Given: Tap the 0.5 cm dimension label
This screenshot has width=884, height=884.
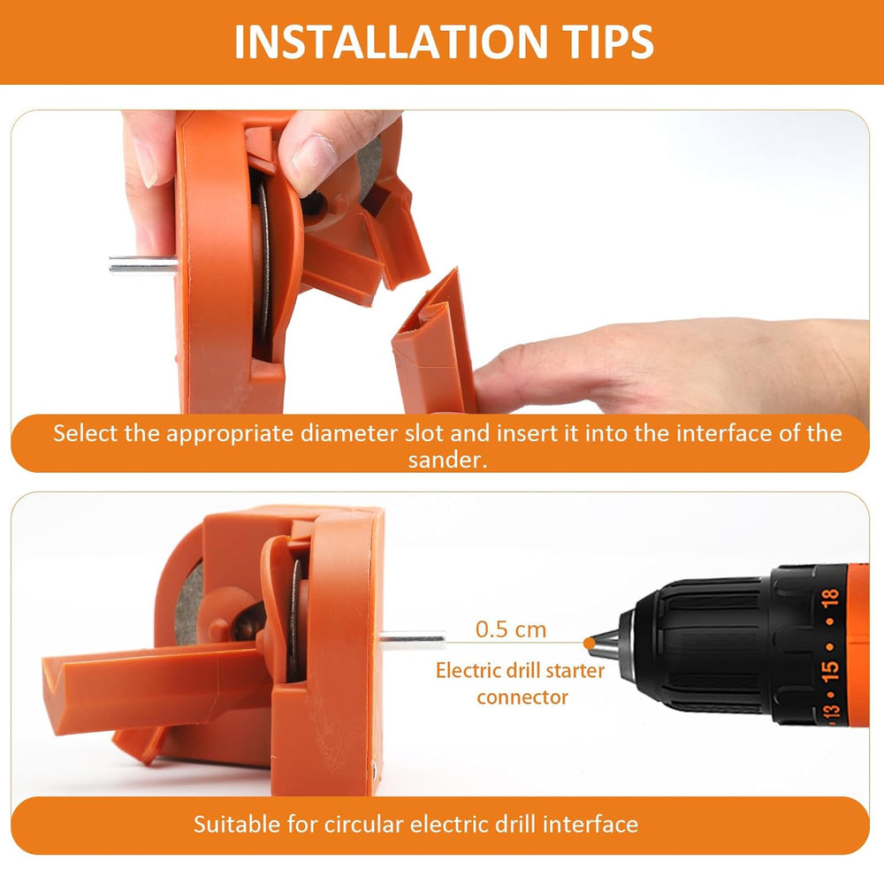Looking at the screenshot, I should pos(511,629).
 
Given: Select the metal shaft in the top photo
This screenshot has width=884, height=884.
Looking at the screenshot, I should pos(141,264).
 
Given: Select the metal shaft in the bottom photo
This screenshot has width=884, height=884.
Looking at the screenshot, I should pos(412,639).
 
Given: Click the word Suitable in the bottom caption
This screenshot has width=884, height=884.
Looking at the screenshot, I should pos(231,825).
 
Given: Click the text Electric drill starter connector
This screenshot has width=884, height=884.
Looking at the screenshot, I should pos(522,683).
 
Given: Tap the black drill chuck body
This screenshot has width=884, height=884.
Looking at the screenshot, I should pos(698,643).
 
